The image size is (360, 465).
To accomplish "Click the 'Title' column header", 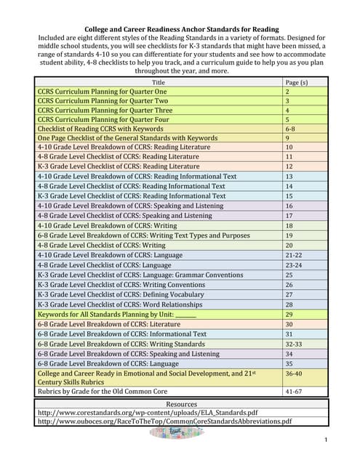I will pyautogui.click(x=159, y=82).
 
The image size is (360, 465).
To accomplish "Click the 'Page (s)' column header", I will pyautogui.click(x=296, y=82).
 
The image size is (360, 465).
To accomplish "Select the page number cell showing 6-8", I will pyautogui.click(x=290, y=127).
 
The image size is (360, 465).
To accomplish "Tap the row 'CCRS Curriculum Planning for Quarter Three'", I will pyautogui.click(x=102, y=110).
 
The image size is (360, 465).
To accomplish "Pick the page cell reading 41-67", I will pyautogui.click(x=294, y=390).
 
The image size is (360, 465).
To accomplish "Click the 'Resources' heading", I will pyautogui.click(x=181, y=404).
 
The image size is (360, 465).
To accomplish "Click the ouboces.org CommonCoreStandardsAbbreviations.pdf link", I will pyautogui.click(x=164, y=421).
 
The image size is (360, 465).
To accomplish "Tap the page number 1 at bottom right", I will pyautogui.click(x=326, y=440).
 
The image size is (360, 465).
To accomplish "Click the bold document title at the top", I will pyautogui.click(x=182, y=30).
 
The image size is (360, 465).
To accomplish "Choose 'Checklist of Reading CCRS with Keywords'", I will pyautogui.click(x=100, y=127).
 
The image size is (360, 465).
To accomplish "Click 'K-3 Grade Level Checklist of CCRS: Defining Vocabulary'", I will pyautogui.click(x=120, y=294).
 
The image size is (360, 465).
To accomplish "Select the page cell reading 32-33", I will pyautogui.click(x=293, y=344).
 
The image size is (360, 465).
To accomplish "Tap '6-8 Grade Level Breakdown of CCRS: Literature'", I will pyautogui.click(x=106, y=324).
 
